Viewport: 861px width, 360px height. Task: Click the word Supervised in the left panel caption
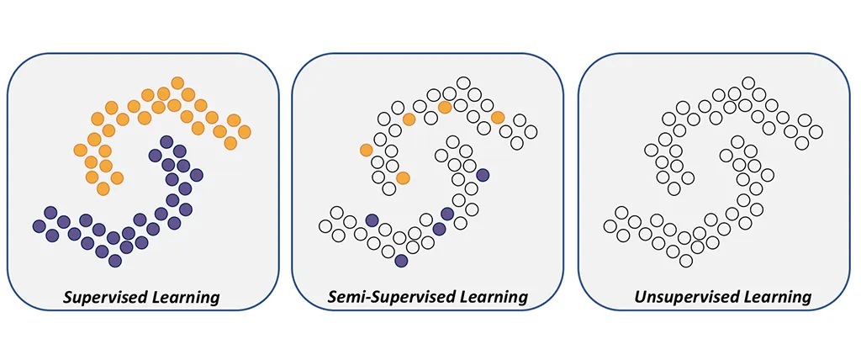101,298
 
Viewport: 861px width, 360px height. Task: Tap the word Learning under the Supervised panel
182,299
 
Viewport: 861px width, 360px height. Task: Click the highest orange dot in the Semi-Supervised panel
445,107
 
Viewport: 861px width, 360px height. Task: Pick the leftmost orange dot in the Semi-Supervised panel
367,150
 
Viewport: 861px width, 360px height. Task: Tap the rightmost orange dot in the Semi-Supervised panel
498,117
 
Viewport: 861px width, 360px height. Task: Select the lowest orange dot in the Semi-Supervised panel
403,177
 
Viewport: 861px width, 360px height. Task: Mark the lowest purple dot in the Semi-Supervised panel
401,261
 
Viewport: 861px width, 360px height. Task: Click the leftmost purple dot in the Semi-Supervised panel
372,220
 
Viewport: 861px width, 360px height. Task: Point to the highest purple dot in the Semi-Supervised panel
483,175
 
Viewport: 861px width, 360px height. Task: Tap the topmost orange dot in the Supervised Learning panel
177,83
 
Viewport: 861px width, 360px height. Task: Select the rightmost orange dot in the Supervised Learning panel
245,132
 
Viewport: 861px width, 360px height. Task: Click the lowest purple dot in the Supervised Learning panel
114,261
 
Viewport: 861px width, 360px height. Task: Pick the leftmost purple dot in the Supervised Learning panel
39,225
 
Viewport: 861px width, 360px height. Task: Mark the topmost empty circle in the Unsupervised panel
748,83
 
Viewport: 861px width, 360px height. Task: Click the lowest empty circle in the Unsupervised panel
686,261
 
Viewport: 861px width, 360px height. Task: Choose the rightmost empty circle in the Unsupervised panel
816,132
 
